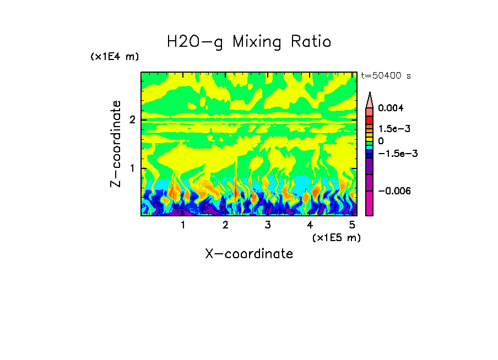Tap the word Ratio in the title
[x=312, y=42]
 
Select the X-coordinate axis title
[x=249, y=254]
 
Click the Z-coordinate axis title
[x=116, y=144]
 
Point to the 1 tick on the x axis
[x=183, y=225]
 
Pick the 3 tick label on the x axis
[x=267, y=225]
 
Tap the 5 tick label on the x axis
[x=352, y=225]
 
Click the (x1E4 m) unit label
[x=115, y=57]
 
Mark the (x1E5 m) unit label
[x=335, y=237]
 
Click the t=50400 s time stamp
[x=386, y=75]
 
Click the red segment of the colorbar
[x=370, y=119]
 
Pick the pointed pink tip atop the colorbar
[x=370, y=100]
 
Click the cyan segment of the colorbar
[x=370, y=148]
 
